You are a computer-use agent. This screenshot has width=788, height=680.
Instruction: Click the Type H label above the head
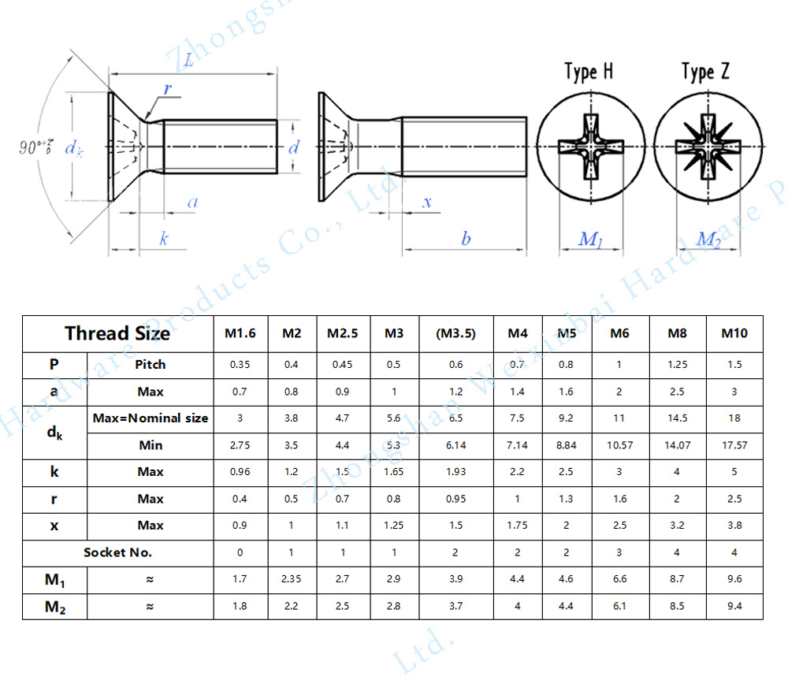tap(589, 72)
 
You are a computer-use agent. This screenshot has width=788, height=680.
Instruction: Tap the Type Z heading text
tap(706, 72)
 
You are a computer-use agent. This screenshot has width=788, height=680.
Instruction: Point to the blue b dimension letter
tap(466, 239)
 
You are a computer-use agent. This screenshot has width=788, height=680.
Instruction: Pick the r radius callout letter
tap(168, 89)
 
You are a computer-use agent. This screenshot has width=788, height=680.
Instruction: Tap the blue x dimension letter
tap(428, 202)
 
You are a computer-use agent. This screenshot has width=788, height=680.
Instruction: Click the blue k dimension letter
tap(164, 239)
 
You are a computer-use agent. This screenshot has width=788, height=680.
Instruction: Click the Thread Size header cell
tap(117, 333)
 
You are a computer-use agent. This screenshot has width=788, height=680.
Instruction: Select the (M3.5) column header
tap(456, 333)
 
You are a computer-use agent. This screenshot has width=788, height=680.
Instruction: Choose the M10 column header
tap(734, 333)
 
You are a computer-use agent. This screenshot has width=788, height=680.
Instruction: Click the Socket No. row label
tap(117, 552)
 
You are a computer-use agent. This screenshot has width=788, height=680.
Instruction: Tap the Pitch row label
tap(150, 365)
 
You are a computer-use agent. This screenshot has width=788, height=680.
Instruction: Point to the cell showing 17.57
tap(734, 445)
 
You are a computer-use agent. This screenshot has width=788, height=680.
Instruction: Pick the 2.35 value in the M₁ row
tap(292, 579)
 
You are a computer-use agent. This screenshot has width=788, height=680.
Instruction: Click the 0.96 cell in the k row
tap(240, 472)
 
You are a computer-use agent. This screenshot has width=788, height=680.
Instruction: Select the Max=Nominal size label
tap(151, 418)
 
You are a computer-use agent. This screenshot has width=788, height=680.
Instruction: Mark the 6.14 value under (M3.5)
tap(456, 445)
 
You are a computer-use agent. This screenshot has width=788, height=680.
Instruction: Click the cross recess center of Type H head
tap(591, 147)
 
